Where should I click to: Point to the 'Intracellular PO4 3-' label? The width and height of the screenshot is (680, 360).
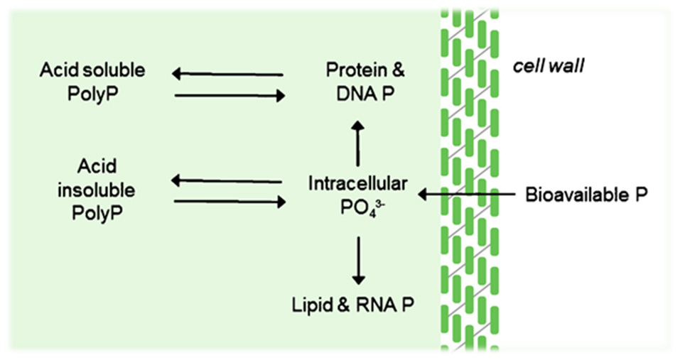tap(357, 194)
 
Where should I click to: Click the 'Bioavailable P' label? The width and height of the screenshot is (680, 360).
tap(586, 194)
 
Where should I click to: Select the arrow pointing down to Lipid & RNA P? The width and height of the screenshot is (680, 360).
tap(357, 259)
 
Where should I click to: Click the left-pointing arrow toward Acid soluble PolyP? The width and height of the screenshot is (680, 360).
tap(227, 73)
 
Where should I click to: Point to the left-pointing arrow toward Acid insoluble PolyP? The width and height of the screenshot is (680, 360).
tap(227, 182)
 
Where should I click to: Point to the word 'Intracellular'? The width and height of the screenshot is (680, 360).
tap(357, 184)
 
